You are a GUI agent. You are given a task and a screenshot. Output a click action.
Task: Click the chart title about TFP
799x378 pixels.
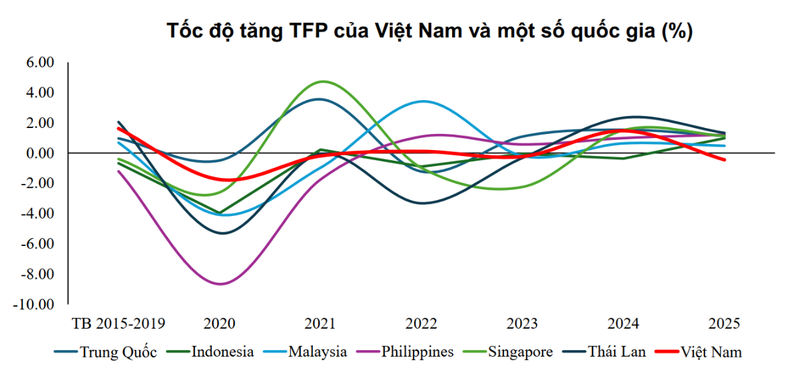tap(429, 31)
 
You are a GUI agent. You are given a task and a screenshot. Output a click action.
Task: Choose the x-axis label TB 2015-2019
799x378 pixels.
tap(118, 325)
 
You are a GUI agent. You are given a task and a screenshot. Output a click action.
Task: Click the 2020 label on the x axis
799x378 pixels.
tap(220, 325)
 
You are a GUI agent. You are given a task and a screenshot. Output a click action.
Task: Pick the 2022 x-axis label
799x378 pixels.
tap(421, 325)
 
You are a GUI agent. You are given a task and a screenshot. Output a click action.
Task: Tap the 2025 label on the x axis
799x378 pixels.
tap(724, 325)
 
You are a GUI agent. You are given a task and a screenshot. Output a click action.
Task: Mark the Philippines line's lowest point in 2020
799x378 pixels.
tap(220, 284)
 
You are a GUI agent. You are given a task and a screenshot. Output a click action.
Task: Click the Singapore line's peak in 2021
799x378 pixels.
tap(323, 81)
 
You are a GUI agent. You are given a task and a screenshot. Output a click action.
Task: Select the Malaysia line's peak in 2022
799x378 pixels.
tap(423, 101)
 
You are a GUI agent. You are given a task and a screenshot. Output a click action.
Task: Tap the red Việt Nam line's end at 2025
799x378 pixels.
tap(724, 160)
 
